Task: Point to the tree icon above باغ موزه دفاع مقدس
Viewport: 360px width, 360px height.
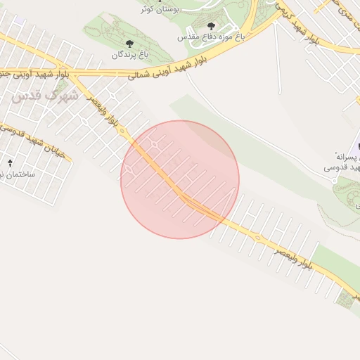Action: click(x=212, y=25)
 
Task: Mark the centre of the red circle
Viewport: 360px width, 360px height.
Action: click(x=180, y=179)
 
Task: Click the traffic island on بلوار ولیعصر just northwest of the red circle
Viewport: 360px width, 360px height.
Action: click(x=122, y=131)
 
